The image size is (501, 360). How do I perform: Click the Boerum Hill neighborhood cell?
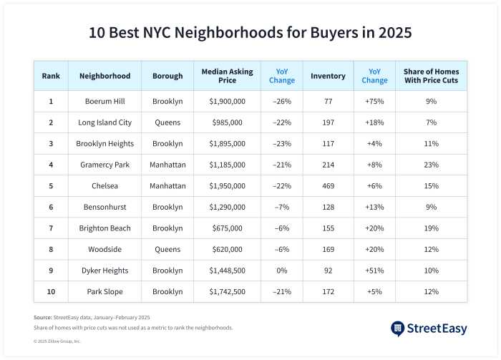104,102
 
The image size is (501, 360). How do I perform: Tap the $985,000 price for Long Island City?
227,122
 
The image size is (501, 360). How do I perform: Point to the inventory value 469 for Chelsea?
327,186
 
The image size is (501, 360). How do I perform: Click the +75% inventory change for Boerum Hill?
374,102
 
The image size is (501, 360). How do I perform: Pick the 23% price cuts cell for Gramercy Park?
431,165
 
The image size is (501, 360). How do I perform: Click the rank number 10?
51,292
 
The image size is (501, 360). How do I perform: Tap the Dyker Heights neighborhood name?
104,271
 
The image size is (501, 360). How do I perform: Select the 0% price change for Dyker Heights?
281,271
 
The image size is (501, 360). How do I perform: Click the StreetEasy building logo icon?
398,329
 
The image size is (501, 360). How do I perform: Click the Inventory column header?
328,76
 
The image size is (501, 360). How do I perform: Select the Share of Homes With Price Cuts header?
431,76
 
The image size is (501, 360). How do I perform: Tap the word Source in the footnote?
42,317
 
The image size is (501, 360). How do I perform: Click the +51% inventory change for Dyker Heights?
374,271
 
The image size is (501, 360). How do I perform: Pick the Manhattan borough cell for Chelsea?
167,186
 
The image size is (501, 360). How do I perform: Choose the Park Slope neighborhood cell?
104,292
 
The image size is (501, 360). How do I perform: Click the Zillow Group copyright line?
57,341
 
